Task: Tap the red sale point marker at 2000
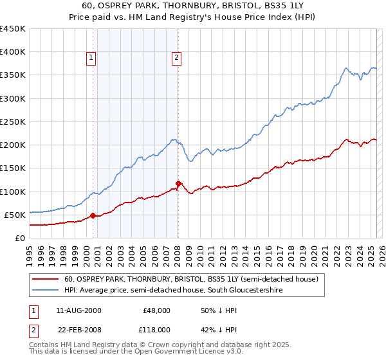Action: pos(93,215)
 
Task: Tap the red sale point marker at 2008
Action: pos(178,183)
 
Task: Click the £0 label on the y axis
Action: pos(19,238)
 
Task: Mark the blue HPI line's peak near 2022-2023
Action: pos(346,67)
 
